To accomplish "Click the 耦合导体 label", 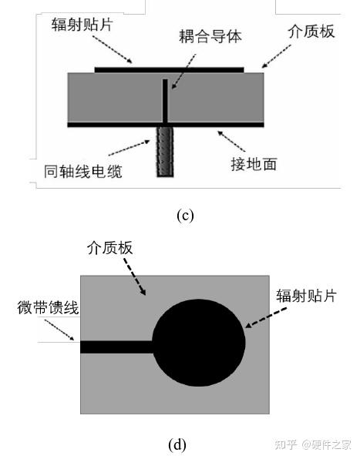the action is tap(210, 37).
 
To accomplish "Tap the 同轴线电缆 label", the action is tap(83, 172).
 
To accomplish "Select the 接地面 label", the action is tap(254, 164).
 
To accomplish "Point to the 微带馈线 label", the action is tap(48, 307).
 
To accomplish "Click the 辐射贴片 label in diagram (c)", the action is tap(82, 25).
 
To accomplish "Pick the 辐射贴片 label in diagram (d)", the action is tap(306, 296).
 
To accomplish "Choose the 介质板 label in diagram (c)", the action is tap(311, 32).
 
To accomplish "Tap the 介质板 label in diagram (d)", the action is tap(109, 248).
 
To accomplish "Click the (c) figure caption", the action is tap(185, 216).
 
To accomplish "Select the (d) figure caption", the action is tap(177, 444).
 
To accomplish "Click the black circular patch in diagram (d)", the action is tap(199, 343).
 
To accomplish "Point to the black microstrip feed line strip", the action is tap(116, 347).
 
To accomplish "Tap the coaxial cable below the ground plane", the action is tap(165, 152).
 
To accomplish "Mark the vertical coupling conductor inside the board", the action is tap(165, 101).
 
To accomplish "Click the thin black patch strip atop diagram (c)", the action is tap(170, 70).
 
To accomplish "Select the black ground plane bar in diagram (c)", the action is tap(166, 125).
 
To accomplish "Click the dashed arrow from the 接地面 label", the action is tap(231, 142).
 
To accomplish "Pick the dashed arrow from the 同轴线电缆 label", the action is tap(130, 148).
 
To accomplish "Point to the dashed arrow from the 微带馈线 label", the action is tap(59, 330).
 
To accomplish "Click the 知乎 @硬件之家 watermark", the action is tap(312, 444).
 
